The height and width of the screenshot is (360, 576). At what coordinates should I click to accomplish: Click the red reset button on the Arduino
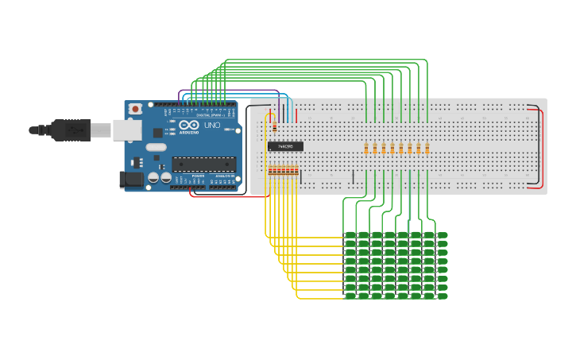[136, 108]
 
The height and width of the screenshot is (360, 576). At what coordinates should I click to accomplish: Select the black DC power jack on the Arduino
[132, 180]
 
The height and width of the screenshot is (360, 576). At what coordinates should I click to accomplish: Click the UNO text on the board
[212, 126]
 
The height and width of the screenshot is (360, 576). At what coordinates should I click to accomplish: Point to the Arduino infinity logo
[189, 126]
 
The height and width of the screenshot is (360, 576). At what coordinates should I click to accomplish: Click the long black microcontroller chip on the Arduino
[203, 164]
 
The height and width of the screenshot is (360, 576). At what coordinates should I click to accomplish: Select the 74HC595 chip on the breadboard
[285, 145]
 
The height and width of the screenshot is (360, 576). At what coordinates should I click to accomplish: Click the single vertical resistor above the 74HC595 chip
[274, 126]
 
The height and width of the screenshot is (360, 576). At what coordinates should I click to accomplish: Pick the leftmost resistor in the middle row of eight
[366, 148]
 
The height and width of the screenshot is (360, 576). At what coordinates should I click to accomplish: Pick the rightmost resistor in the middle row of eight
[427, 148]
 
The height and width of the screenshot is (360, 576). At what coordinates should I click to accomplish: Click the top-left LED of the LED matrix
[350, 235]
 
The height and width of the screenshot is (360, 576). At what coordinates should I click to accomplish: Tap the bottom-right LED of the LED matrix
[442, 296]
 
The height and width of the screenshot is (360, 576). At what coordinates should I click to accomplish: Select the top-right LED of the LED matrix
[442, 235]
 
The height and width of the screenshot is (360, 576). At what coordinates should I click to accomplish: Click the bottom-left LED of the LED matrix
[350, 296]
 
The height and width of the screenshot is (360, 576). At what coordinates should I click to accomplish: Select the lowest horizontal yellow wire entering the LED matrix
[318, 299]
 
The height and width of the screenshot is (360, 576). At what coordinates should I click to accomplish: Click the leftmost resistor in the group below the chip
[270, 170]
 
